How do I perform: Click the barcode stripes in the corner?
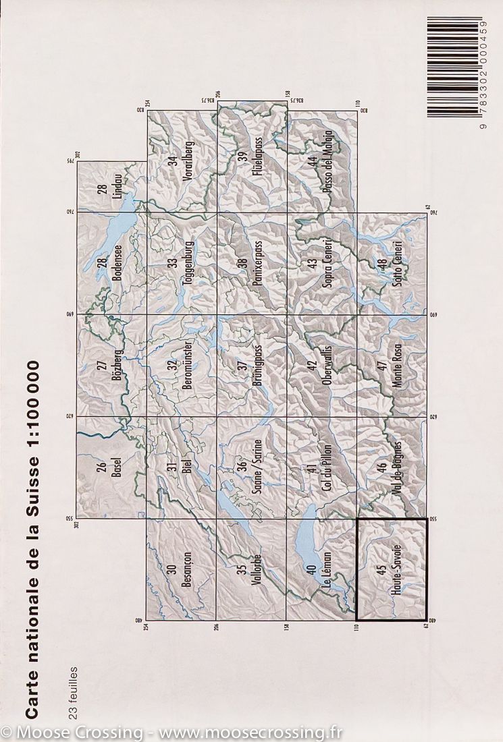pos(454,67)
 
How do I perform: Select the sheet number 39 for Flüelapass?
pos(241,158)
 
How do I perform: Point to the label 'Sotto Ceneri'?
pos(397,264)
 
